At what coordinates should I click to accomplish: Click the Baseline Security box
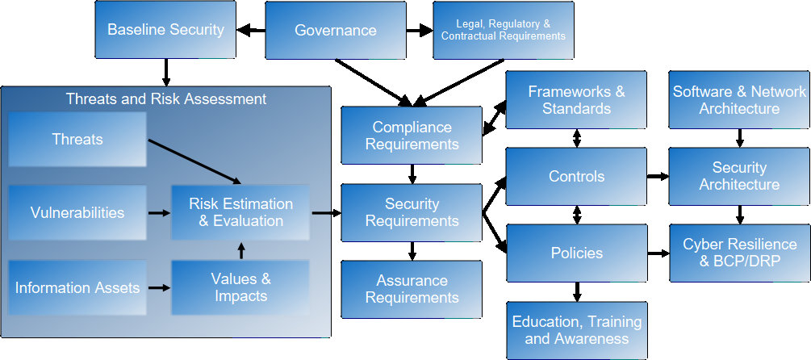pyautogui.click(x=165, y=30)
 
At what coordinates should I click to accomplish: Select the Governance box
pyautogui.click(x=335, y=30)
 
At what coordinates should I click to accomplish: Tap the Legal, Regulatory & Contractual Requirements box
pyautogui.click(x=503, y=30)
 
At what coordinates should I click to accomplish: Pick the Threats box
pyautogui.click(x=77, y=139)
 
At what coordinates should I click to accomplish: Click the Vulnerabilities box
pyautogui.click(x=77, y=213)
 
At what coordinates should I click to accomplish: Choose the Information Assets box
pyautogui.click(x=77, y=287)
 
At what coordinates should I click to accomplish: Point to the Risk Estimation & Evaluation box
pyautogui.click(x=240, y=212)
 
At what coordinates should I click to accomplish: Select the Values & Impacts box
pyautogui.click(x=240, y=287)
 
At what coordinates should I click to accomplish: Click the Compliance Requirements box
pyautogui.click(x=412, y=136)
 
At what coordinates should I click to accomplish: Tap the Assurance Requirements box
pyautogui.click(x=412, y=289)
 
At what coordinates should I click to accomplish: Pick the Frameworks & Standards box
pyautogui.click(x=576, y=100)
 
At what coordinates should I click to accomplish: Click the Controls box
pyautogui.click(x=576, y=176)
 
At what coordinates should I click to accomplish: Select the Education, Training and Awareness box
pyautogui.click(x=576, y=330)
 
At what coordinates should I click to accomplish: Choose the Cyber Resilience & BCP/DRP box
pyautogui.click(x=739, y=253)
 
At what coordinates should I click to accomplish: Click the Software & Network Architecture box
pyautogui.click(x=739, y=100)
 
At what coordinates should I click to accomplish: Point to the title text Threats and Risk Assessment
pyautogui.click(x=165, y=99)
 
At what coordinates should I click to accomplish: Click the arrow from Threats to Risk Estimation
pyautogui.click(x=194, y=161)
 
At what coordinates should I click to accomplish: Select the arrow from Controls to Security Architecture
pyautogui.click(x=658, y=176)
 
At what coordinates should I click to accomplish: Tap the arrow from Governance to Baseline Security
pyautogui.click(x=250, y=31)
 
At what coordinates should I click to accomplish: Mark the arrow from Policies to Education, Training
pyautogui.click(x=576, y=291)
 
